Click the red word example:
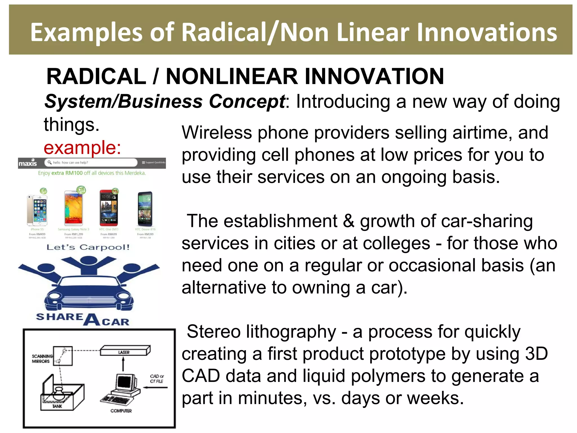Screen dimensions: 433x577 pyautogui.click(x=82, y=147)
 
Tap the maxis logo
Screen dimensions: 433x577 pyautogui.click(x=28, y=163)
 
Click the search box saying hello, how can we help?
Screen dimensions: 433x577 pyautogui.click(x=91, y=163)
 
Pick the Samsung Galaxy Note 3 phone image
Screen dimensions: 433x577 pyautogui.click(x=74, y=208)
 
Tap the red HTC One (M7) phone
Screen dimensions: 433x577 pyautogui.click(x=109, y=208)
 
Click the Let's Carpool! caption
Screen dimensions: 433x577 pyautogui.click(x=88, y=248)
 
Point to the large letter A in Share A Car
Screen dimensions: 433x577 pyautogui.click(x=92, y=320)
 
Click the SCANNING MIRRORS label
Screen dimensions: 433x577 pyautogui.click(x=42, y=359)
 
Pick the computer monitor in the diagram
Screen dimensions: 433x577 pyautogui.click(x=124, y=383)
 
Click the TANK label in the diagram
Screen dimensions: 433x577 pyautogui.click(x=57, y=406)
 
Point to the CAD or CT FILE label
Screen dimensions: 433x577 pyautogui.click(x=157, y=379)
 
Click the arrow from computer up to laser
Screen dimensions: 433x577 pyautogui.click(x=123, y=364)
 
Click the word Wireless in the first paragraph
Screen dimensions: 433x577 pyautogui.click(x=216, y=132)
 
